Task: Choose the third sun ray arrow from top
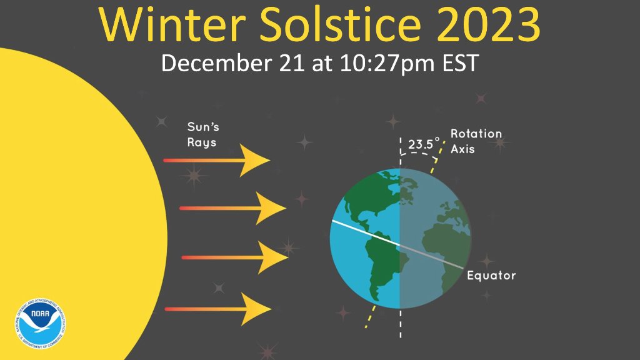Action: [x=234, y=257]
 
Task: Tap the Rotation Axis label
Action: [x=476, y=141]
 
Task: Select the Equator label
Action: [x=491, y=276]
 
